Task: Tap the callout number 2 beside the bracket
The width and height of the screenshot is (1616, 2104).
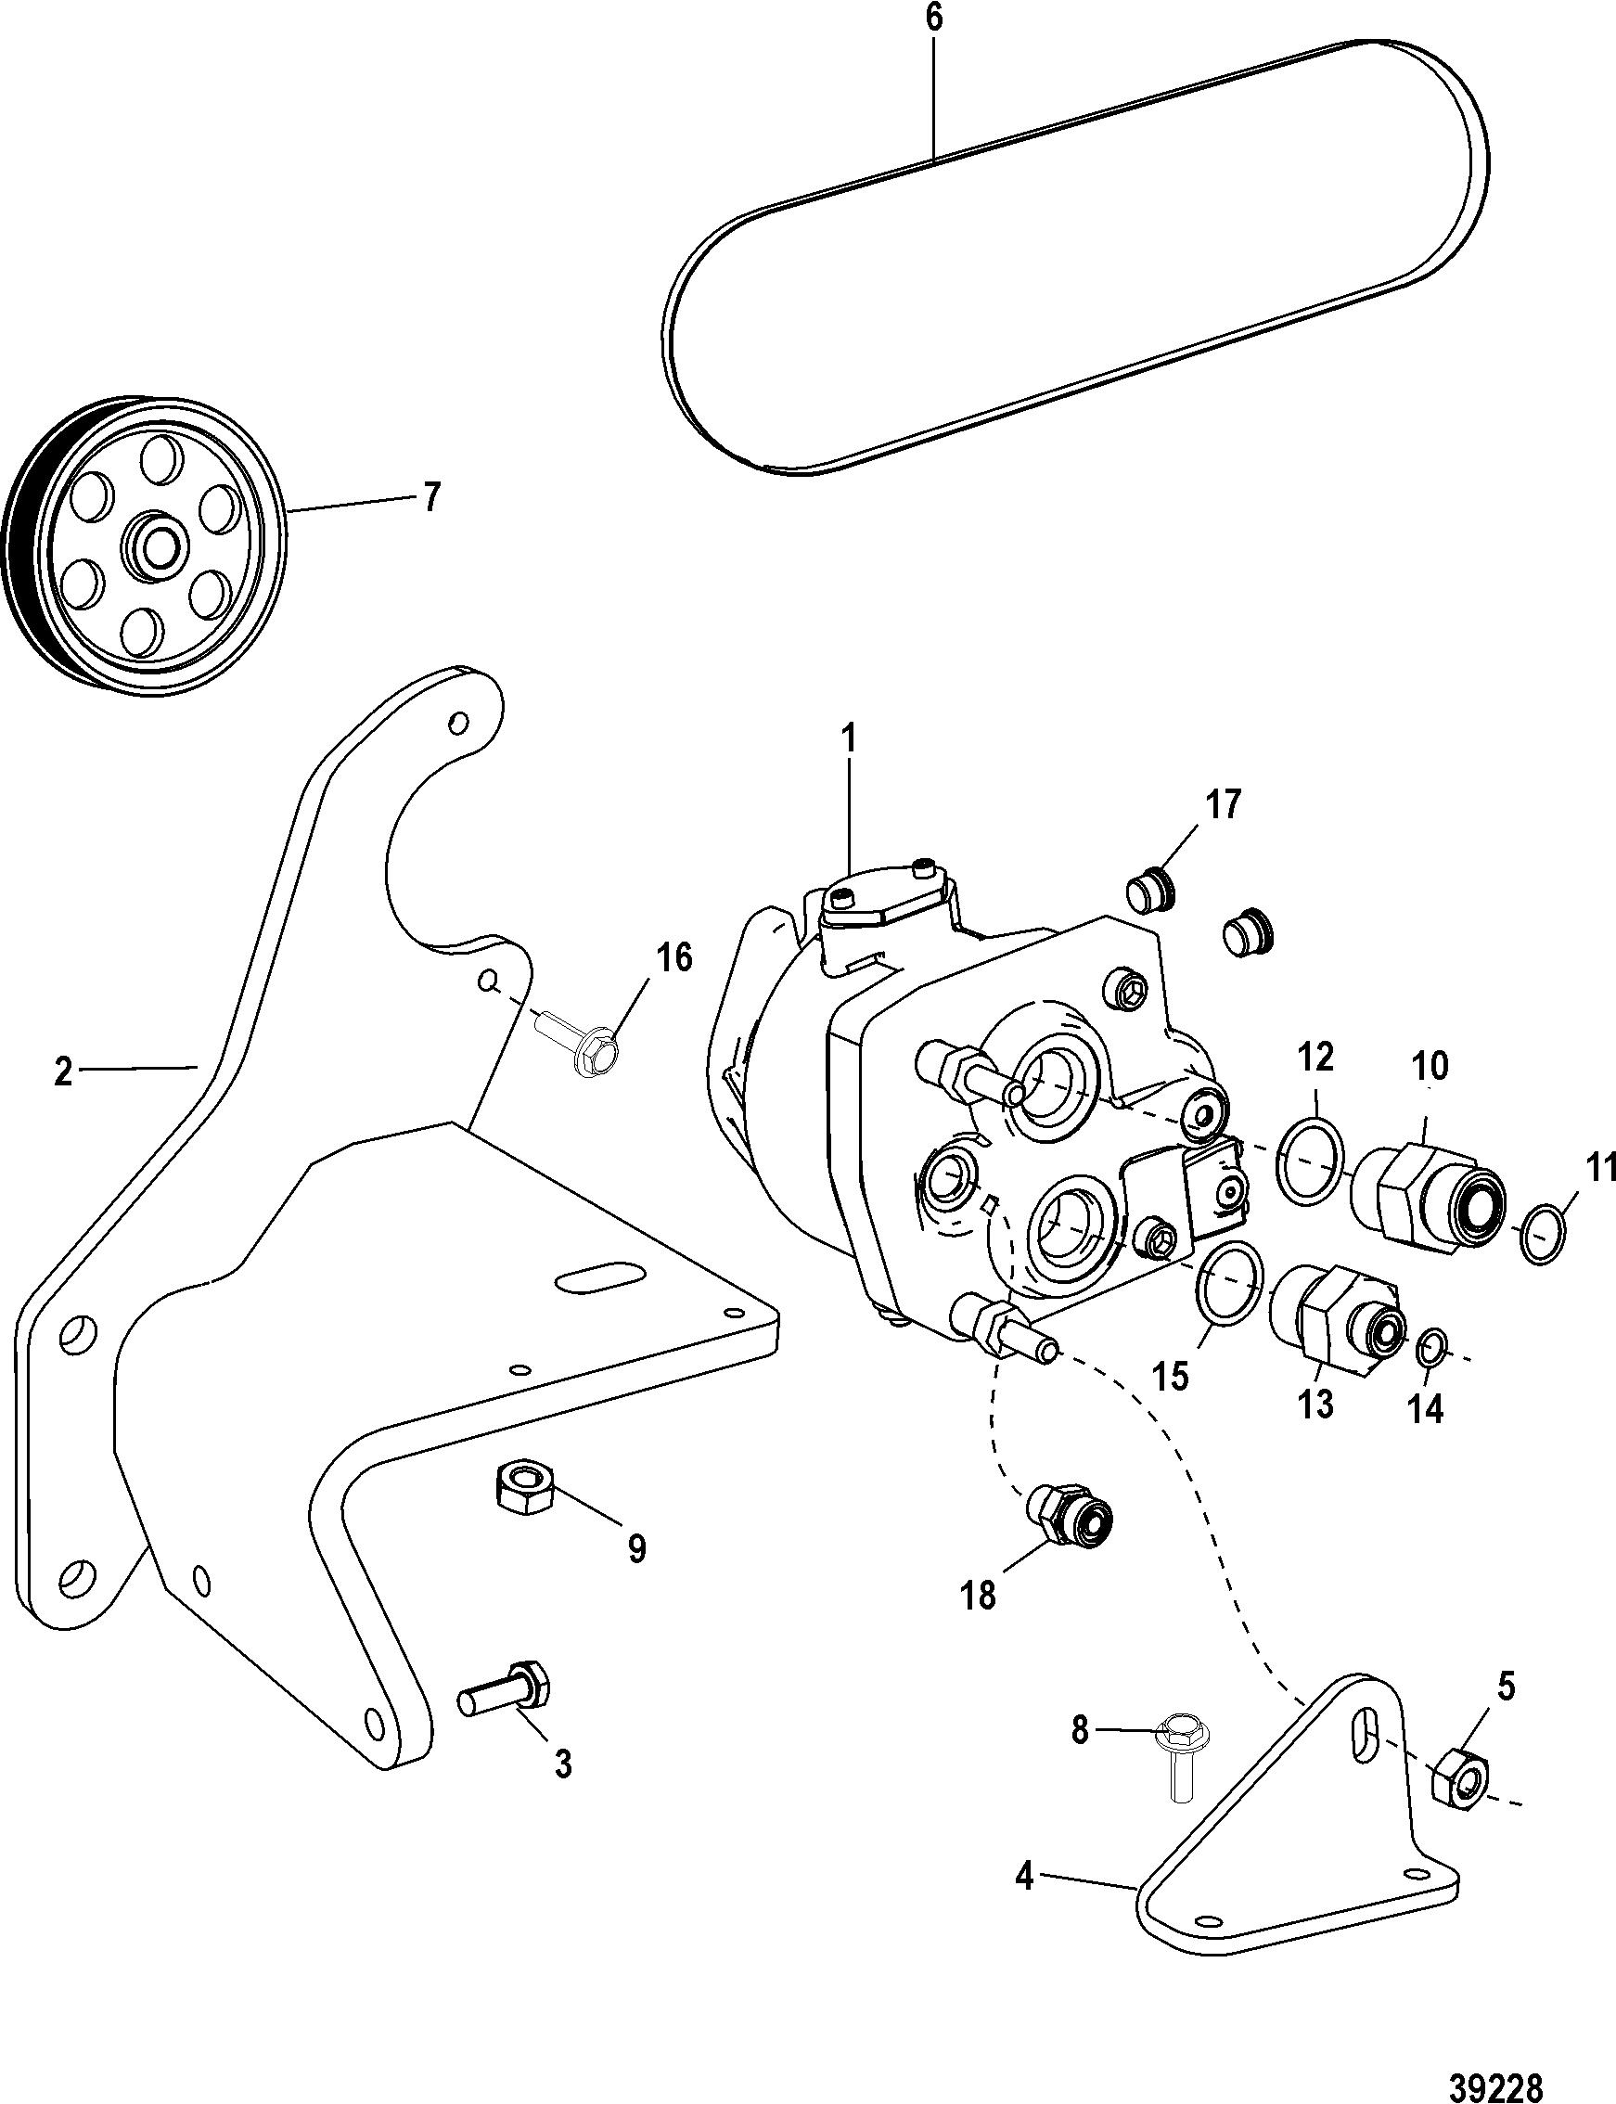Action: [63, 1071]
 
